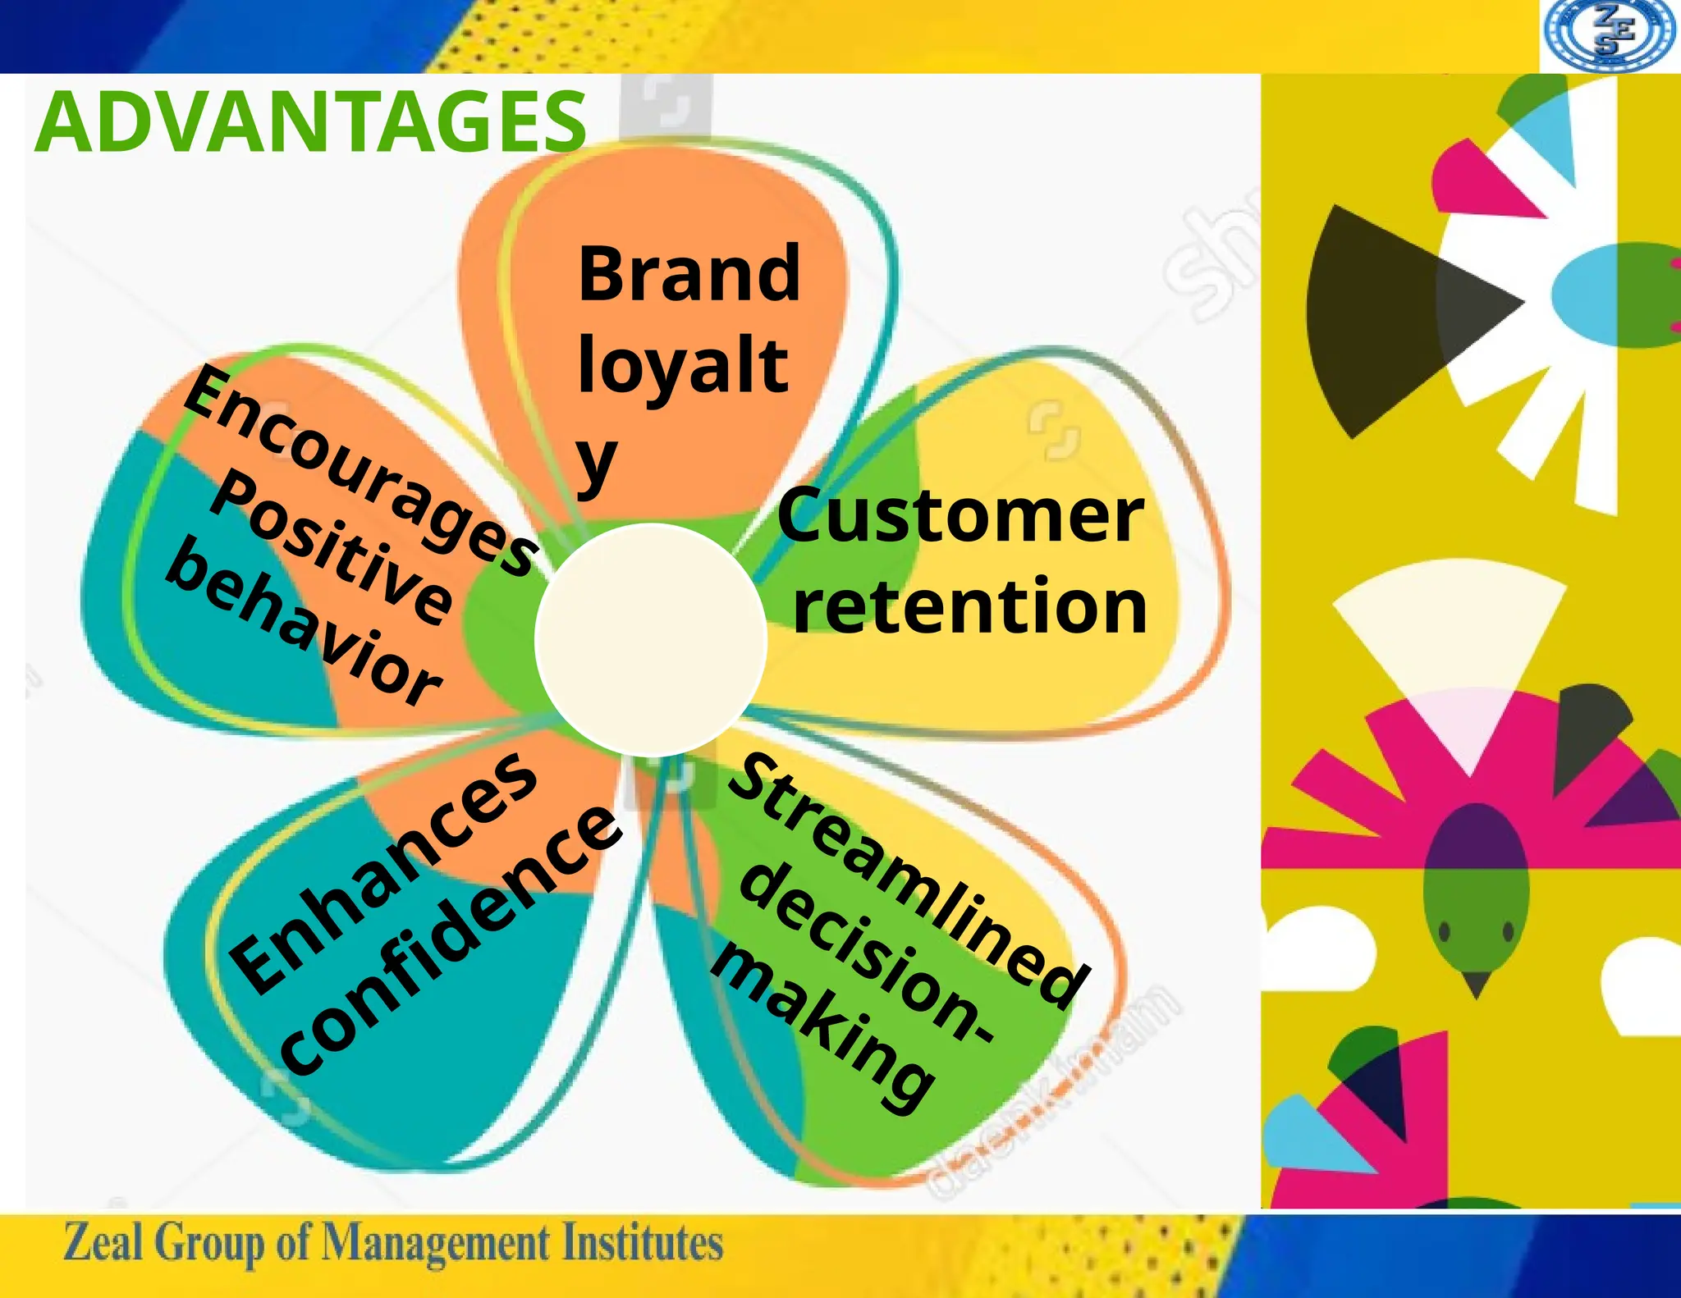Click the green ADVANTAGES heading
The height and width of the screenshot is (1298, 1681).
(310, 122)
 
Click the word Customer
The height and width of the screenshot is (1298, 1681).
(960, 516)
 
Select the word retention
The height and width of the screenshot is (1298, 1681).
(969, 606)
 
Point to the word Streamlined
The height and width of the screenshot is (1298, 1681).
(908, 881)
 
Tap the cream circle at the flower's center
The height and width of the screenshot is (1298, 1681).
(650, 640)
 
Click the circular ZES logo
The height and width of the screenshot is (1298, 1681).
(1608, 34)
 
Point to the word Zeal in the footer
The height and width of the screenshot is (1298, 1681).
(103, 1242)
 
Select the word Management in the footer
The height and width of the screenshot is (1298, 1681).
(435, 1244)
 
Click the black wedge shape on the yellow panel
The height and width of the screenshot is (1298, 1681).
(1387, 320)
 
